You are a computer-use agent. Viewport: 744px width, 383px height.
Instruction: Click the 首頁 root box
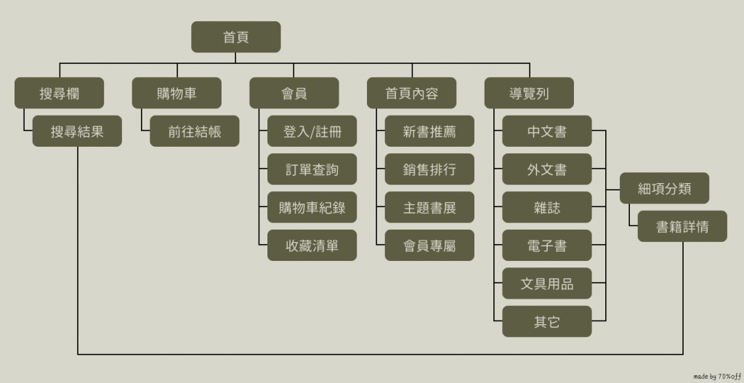pyautogui.click(x=236, y=37)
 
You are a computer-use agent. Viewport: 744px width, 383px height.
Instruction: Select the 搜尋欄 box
pyautogui.click(x=59, y=93)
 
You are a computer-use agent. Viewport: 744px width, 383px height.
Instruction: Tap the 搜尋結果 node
pyautogui.click(x=77, y=132)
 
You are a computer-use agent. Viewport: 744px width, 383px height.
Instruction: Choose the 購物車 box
pyautogui.click(x=177, y=93)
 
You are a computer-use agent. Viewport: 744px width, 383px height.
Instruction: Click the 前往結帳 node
pyautogui.click(x=194, y=132)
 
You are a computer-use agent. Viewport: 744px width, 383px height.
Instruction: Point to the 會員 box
pyautogui.click(x=294, y=93)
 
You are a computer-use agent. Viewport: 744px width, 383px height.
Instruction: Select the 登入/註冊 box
pyautogui.click(x=312, y=132)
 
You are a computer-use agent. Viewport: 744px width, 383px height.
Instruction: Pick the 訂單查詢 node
pyautogui.click(x=312, y=169)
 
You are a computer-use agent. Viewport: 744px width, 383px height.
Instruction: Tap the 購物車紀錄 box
pyautogui.click(x=312, y=208)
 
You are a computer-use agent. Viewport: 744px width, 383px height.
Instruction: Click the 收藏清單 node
pyautogui.click(x=312, y=246)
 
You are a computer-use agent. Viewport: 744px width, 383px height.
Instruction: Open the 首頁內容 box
pyautogui.click(x=412, y=93)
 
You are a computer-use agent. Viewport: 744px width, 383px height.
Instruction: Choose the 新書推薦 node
pyautogui.click(x=429, y=132)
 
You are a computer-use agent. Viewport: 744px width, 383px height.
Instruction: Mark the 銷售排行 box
pyautogui.click(x=429, y=169)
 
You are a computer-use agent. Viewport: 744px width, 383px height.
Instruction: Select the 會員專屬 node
pyautogui.click(x=429, y=246)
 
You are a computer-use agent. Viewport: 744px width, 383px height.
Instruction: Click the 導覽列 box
pyautogui.click(x=529, y=93)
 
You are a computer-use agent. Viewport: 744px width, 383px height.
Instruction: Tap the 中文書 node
pyautogui.click(x=547, y=132)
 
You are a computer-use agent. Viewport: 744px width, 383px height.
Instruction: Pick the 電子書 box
pyautogui.click(x=547, y=246)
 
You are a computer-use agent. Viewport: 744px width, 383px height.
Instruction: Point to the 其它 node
pyautogui.click(x=547, y=322)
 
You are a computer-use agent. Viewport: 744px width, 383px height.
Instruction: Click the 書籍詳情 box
pyautogui.click(x=682, y=227)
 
